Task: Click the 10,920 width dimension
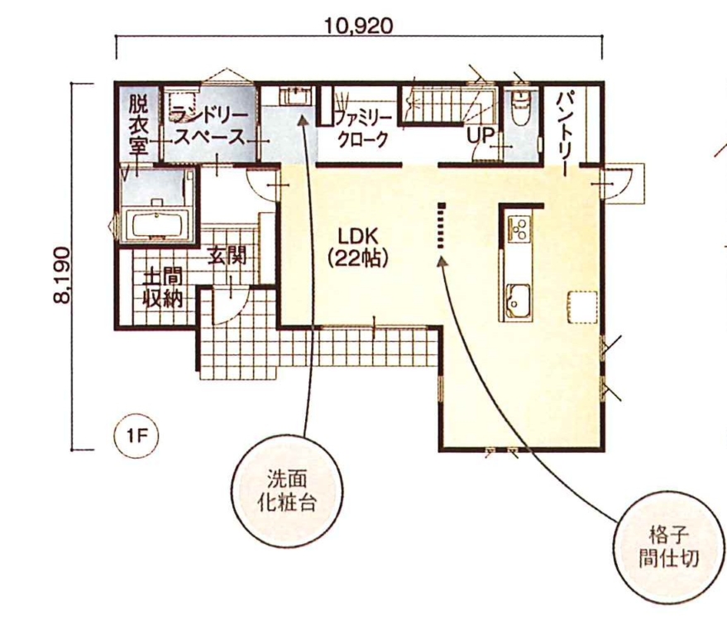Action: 358,26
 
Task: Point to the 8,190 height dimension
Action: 62,275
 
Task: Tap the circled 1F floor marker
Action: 136,436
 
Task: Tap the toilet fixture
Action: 522,106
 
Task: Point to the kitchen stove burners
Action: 519,228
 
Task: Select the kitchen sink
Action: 519,300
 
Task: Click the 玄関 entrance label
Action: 227,255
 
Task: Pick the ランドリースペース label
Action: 209,125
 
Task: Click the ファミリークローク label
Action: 362,128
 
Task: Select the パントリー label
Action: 567,132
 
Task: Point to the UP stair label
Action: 480,135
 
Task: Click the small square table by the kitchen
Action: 581,306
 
